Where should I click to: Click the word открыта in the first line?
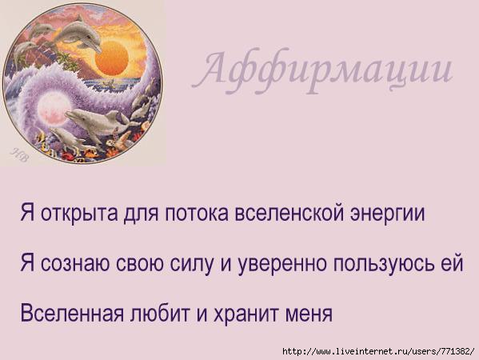(x=79, y=213)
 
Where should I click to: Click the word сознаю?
(x=75, y=264)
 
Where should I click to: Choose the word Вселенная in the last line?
(x=72, y=313)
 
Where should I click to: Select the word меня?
(x=309, y=314)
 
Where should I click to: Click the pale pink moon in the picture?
(x=51, y=109)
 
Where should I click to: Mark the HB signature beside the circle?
(x=20, y=155)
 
